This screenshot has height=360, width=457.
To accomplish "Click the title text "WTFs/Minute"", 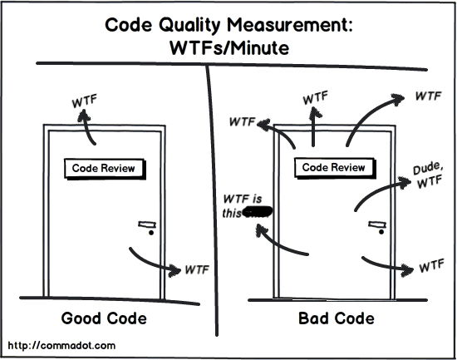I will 229,48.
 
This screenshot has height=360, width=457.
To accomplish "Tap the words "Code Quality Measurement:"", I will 229,25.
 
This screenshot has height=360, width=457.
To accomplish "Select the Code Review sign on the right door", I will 333,167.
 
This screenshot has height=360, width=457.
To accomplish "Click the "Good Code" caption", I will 104,318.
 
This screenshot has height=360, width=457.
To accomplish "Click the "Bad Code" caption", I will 336,318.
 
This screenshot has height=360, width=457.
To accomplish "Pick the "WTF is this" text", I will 243,205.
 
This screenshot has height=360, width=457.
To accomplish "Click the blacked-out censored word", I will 259,213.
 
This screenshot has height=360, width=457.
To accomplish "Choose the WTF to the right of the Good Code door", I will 196,269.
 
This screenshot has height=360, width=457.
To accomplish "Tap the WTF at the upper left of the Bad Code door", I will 243,124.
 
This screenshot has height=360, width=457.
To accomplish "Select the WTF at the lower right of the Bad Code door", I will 430,267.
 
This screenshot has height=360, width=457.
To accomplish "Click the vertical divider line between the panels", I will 214,208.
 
